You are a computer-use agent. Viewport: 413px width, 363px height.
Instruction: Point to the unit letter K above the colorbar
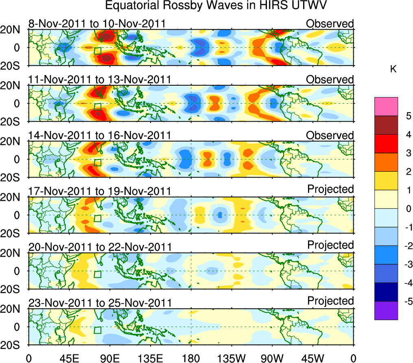(x=393, y=70)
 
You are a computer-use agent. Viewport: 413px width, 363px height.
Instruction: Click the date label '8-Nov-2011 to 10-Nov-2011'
(x=97, y=24)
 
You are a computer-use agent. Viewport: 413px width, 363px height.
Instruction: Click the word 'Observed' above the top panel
(x=330, y=24)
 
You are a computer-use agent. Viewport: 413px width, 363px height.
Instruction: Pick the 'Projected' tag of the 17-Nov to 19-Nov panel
(x=330, y=189)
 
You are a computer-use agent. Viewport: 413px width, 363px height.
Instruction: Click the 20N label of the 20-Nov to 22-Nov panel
(x=13, y=253)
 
